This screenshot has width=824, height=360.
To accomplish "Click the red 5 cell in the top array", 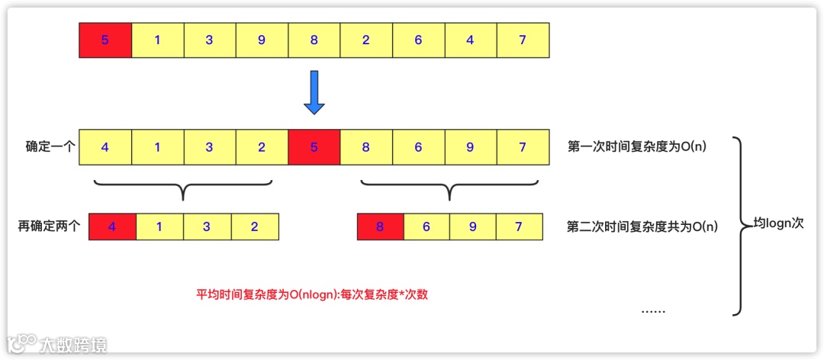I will (105, 40).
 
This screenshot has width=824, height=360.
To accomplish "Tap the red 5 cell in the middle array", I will (314, 146).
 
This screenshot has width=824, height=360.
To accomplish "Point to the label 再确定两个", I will (49, 227).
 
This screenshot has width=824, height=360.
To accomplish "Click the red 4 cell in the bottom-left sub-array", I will (113, 227).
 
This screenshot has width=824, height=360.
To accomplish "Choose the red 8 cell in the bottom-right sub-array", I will (380, 227).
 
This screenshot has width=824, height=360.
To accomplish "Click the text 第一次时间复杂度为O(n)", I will (637, 146).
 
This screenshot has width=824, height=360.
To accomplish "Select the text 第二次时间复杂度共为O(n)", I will (642, 227).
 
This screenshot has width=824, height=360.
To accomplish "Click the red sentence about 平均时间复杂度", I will (312, 294).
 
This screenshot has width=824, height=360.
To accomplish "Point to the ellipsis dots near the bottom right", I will (653, 310).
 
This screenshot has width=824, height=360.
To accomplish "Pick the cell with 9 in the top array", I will (262, 40).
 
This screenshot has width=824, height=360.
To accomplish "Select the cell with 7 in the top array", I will (523, 40).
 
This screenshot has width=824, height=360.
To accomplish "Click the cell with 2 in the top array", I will (366, 40).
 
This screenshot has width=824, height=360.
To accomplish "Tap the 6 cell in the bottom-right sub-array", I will (426, 227).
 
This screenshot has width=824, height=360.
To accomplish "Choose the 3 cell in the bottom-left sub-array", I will (208, 227).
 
